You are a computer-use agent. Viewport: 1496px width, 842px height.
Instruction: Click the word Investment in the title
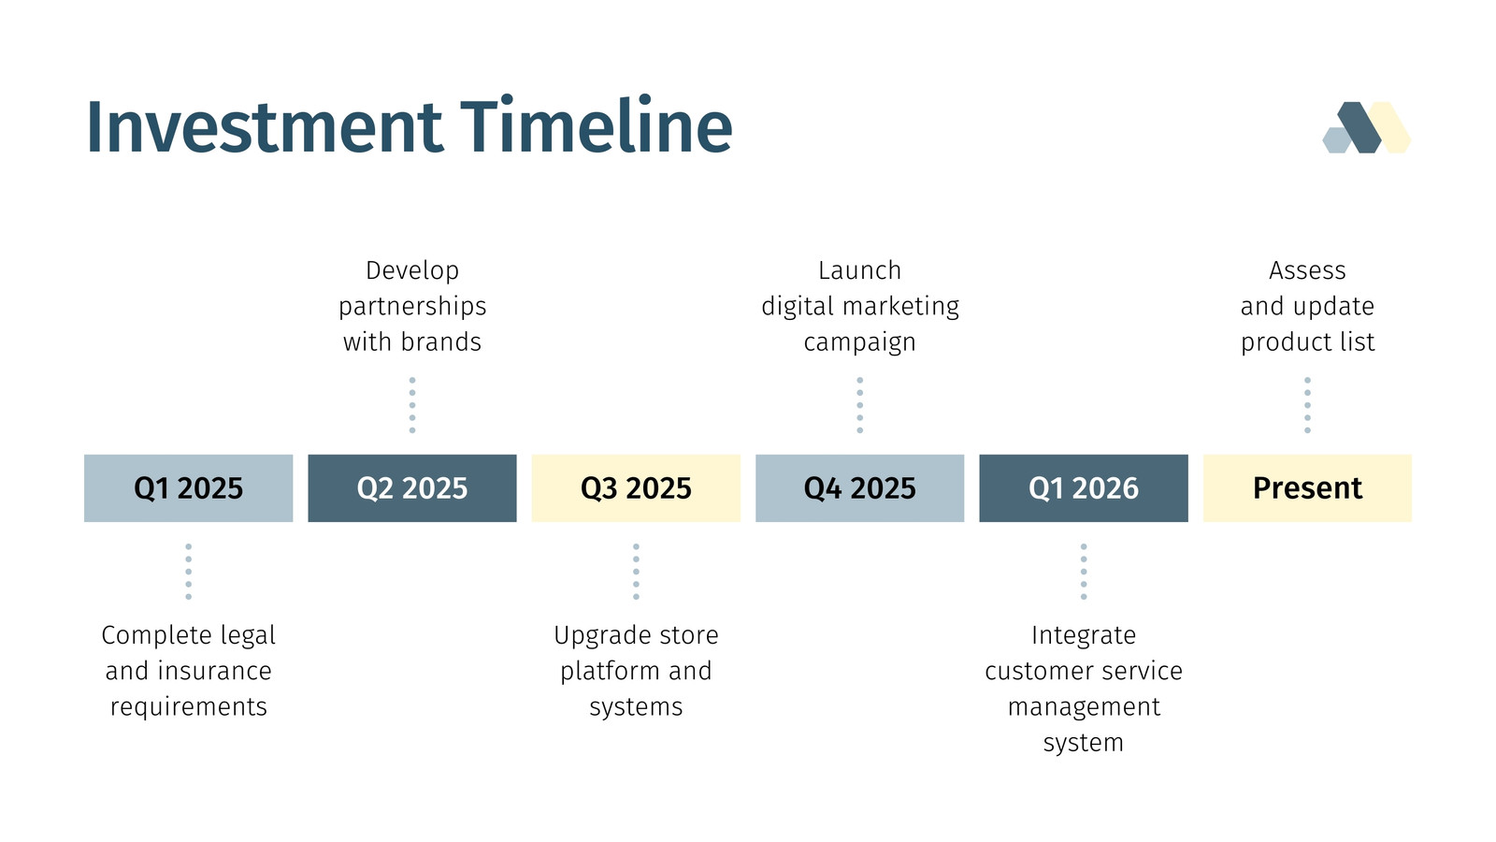click(x=265, y=127)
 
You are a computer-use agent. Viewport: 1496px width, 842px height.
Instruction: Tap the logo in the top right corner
click(x=1366, y=127)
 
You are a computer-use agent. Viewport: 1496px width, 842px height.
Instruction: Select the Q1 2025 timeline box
click(x=188, y=487)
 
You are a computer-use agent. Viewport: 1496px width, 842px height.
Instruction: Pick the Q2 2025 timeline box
click(x=412, y=487)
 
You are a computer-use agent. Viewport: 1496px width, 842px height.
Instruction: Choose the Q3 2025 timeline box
click(x=636, y=487)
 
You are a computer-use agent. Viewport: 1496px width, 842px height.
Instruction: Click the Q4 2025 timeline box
click(x=859, y=487)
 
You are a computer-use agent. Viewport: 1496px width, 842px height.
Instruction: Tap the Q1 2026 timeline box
click(x=1084, y=487)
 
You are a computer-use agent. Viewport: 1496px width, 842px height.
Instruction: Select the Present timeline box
click(x=1307, y=487)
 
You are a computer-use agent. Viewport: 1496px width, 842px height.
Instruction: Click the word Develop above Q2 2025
click(x=412, y=271)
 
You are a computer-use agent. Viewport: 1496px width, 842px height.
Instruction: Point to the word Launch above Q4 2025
click(x=859, y=270)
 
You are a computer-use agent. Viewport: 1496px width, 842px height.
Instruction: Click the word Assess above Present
click(x=1307, y=270)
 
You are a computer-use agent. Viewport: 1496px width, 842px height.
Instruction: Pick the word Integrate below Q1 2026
click(x=1084, y=636)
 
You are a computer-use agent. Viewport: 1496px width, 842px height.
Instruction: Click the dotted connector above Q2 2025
click(x=412, y=405)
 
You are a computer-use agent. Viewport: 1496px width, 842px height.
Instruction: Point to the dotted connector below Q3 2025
click(x=636, y=572)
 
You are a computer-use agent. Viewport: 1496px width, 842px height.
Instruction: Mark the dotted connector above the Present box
click(x=1307, y=405)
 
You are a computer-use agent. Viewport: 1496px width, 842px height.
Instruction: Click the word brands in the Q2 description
click(x=440, y=342)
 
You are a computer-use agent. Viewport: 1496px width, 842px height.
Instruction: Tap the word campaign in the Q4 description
click(x=859, y=343)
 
